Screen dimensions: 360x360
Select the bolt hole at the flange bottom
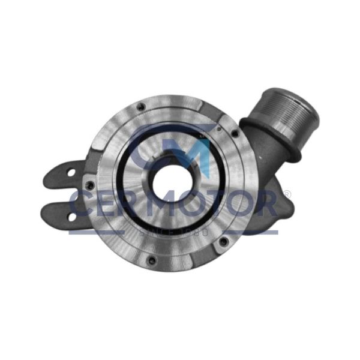point(152,260)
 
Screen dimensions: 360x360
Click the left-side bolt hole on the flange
point(90,185)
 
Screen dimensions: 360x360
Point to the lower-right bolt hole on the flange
point(224,241)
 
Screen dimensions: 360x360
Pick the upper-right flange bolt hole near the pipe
point(235,133)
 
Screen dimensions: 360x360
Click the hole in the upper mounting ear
point(71,173)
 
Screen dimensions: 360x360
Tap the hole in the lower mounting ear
point(72,217)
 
